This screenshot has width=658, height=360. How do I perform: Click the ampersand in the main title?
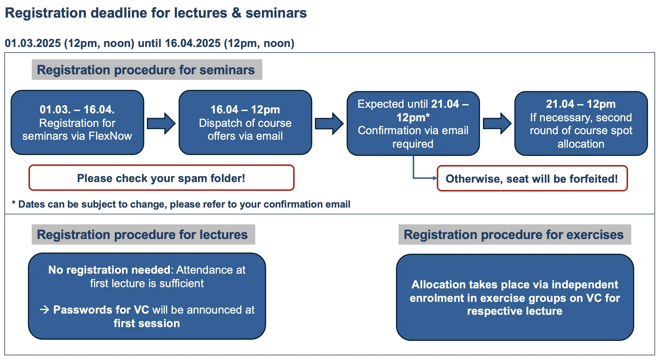[236, 13]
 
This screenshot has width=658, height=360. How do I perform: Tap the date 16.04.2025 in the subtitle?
[193, 43]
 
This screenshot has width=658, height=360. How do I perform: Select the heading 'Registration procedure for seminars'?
[146, 70]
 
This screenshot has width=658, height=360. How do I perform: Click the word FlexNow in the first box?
[110, 136]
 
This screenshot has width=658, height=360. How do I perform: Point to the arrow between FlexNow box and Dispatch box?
[161, 123]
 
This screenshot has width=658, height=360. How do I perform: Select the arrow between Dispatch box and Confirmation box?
[329, 123]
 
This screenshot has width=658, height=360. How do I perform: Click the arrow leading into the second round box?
[497, 123]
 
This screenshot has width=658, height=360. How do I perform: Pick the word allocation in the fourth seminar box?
[581, 144]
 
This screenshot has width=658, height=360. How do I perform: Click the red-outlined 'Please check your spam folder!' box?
[161, 178]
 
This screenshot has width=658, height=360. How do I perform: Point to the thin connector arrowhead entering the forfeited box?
[435, 178]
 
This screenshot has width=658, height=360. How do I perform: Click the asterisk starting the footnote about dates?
[14, 203]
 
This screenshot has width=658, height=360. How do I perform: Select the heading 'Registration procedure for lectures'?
[142, 235]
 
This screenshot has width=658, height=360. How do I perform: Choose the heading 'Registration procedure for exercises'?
[513, 235]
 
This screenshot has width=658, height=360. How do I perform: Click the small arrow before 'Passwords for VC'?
[45, 309]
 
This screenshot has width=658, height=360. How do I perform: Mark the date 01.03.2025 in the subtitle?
[33, 43]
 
